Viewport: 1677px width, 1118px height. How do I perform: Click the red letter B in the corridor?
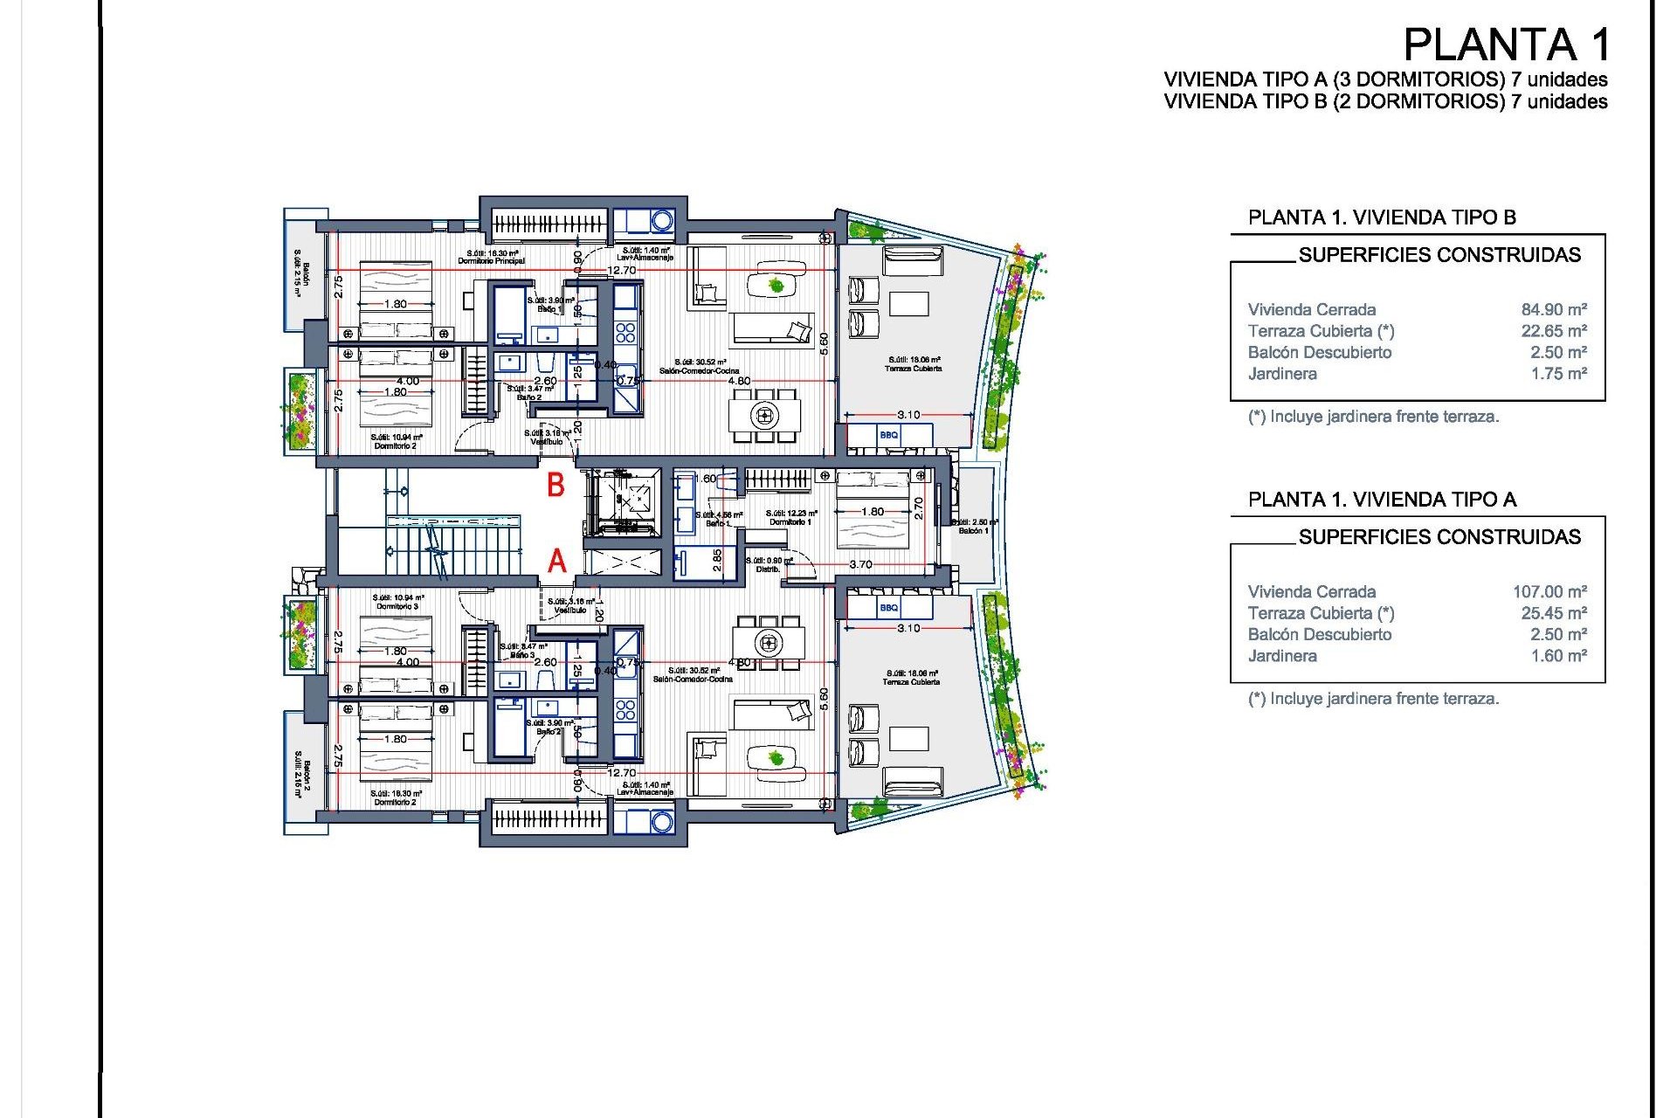click(x=556, y=485)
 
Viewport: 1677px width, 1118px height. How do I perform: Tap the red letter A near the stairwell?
click(x=557, y=561)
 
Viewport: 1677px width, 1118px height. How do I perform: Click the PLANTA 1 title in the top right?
click(x=1506, y=45)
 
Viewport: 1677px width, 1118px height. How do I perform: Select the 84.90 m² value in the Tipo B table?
click(x=1554, y=309)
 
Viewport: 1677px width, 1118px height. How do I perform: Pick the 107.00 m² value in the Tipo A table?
click(x=1549, y=591)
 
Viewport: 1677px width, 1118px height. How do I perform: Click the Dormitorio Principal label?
click(x=491, y=261)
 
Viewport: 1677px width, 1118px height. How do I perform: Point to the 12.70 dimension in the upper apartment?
click(x=622, y=270)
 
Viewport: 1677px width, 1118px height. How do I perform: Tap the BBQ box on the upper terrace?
click(x=889, y=434)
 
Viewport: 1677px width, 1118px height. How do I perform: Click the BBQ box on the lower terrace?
click(x=889, y=607)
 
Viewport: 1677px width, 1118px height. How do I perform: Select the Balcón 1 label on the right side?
click(x=973, y=530)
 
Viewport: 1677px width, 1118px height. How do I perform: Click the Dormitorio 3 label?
click(x=397, y=606)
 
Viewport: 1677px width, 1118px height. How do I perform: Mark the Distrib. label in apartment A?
click(x=768, y=569)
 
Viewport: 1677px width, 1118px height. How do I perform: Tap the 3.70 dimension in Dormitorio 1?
click(x=860, y=564)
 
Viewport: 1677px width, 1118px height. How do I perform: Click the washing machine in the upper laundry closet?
click(x=662, y=220)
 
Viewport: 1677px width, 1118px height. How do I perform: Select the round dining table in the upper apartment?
click(x=765, y=415)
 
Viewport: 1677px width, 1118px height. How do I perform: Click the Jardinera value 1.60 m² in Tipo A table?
click(x=1558, y=656)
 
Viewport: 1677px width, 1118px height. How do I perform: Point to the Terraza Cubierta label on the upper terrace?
click(x=913, y=369)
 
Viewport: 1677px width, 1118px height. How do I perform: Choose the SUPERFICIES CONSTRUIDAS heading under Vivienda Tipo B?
click(x=1439, y=255)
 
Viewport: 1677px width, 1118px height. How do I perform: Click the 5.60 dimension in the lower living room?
click(x=823, y=698)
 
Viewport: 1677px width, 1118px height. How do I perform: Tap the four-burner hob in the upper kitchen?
click(x=625, y=332)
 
